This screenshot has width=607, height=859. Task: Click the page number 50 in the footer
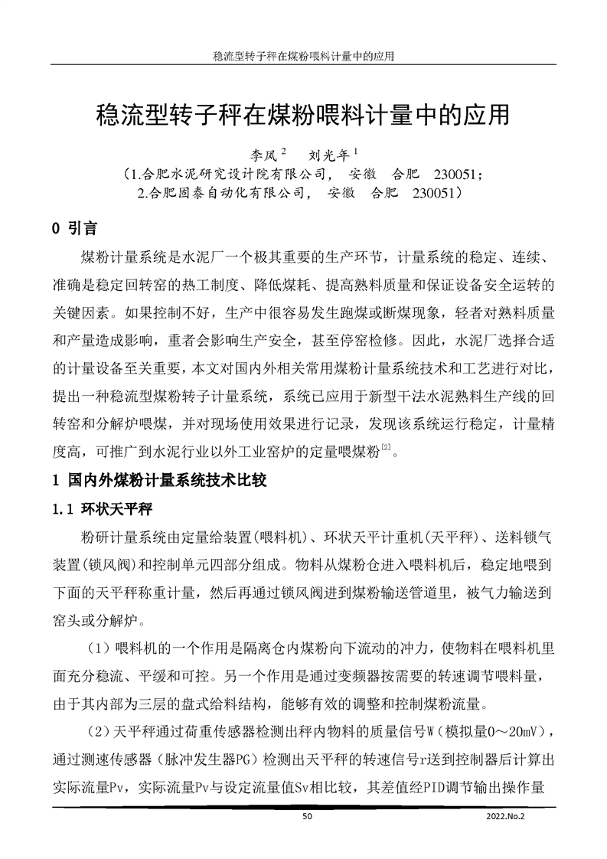point(308,817)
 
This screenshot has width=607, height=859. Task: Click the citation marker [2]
point(387,450)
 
